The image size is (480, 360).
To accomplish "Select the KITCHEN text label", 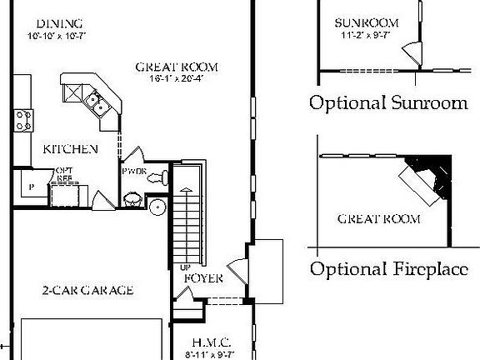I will (71, 149).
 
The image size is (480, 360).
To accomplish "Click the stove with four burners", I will (24, 120).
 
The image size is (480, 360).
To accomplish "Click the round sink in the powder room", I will (132, 200).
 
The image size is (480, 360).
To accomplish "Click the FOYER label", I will (202, 278).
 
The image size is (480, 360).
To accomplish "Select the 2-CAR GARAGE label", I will (88, 291).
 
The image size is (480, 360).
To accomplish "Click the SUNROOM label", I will (366, 22).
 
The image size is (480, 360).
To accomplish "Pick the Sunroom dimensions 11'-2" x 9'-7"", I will (366, 36).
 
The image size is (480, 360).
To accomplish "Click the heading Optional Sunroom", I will (387, 103).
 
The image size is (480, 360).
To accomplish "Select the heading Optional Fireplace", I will (387, 269).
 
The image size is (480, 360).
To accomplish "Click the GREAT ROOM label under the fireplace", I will (378, 219).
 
